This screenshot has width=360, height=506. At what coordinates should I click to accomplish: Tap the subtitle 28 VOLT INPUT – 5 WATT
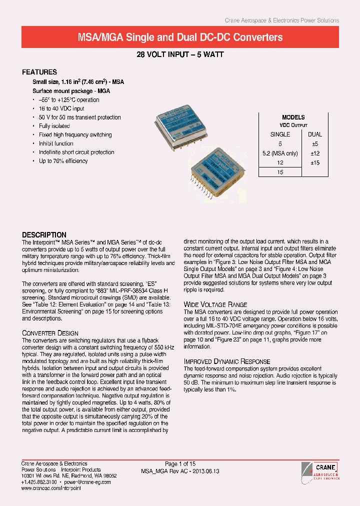pos(180,54)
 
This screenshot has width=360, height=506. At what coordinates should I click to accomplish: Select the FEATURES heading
pos(40,72)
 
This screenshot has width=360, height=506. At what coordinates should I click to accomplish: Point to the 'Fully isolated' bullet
pos(54,126)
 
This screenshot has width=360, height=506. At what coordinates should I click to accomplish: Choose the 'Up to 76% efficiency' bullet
pos(63,161)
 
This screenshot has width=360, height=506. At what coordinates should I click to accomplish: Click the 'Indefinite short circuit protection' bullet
pos(76,152)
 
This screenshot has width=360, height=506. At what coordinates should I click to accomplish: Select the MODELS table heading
pos(293,117)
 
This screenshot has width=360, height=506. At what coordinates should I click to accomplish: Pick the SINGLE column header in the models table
pos(280,134)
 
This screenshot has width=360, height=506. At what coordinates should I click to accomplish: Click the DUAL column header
pos(315,134)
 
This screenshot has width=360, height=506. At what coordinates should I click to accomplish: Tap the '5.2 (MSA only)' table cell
pos(280,153)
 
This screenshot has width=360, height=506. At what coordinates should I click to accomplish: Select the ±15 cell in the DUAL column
pos(315,163)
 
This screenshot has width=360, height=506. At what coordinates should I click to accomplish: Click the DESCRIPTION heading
pos(44,234)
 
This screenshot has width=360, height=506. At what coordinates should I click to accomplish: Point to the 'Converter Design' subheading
pos(50,333)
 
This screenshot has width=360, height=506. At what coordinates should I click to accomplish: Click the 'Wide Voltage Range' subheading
pos(215,304)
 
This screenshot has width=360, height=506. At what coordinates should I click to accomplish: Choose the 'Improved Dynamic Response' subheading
pos(227,361)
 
